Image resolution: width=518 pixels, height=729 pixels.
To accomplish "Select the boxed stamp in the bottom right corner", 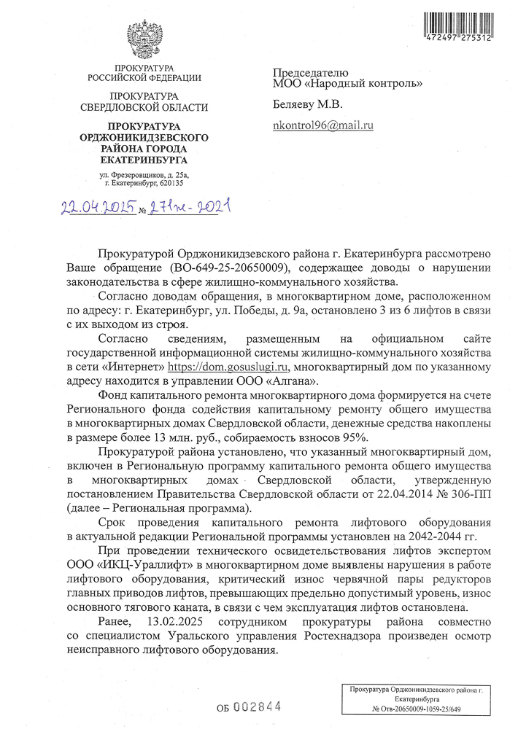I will (x=417, y=698).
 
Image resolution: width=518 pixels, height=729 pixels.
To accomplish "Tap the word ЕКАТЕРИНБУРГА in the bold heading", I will (x=144, y=160).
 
